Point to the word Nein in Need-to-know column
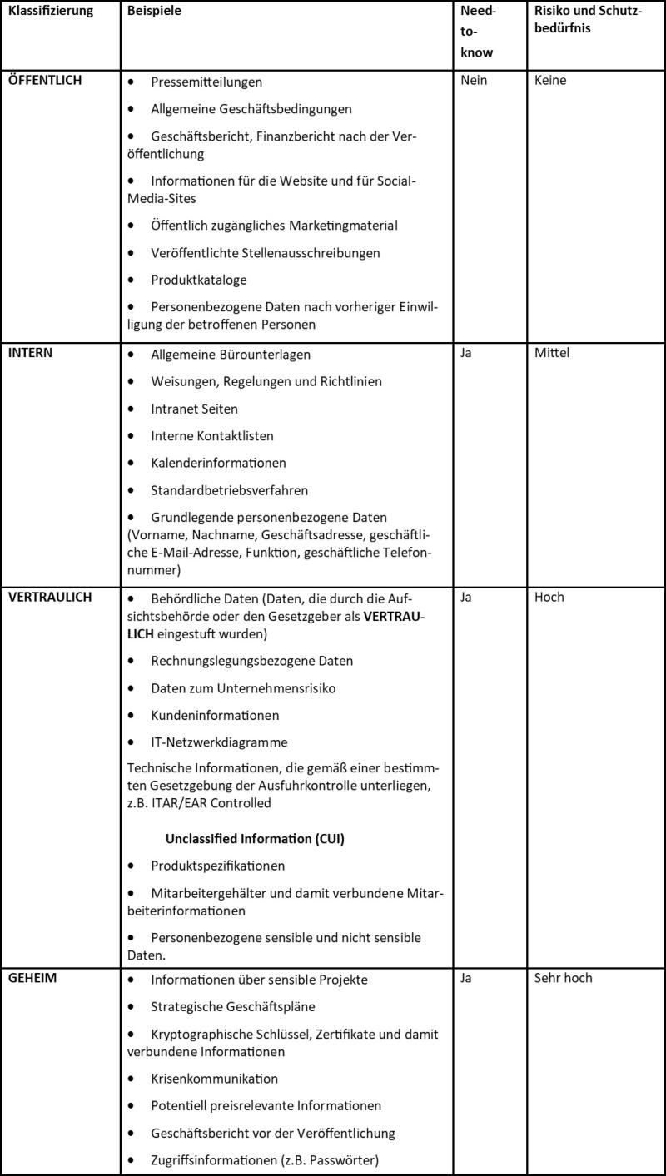473,83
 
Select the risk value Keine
551,83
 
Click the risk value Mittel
552,354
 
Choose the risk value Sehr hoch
564,978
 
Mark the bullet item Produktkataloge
192,278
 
